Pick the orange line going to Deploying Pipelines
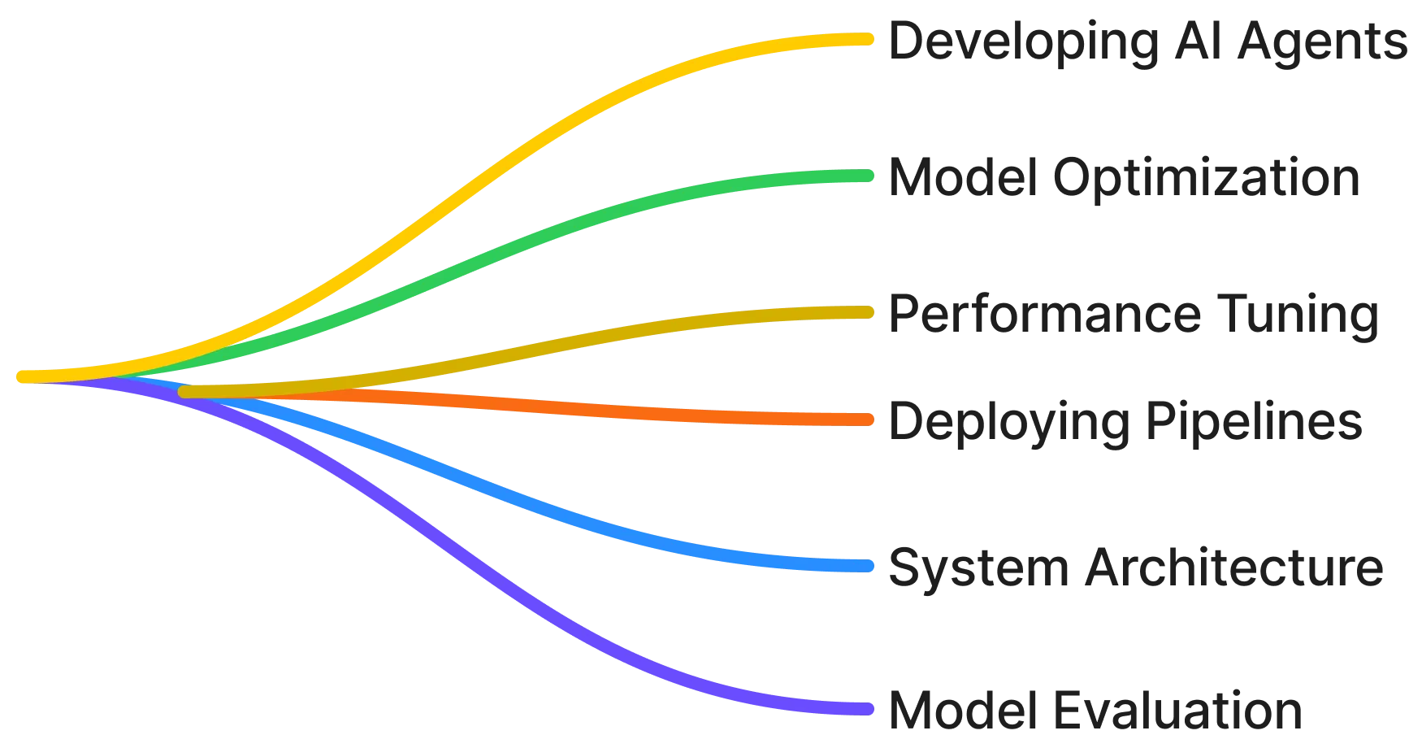[x=650, y=412]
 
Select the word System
[x=974, y=568]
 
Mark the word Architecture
[x=1231, y=568]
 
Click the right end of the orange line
[x=869, y=420]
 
